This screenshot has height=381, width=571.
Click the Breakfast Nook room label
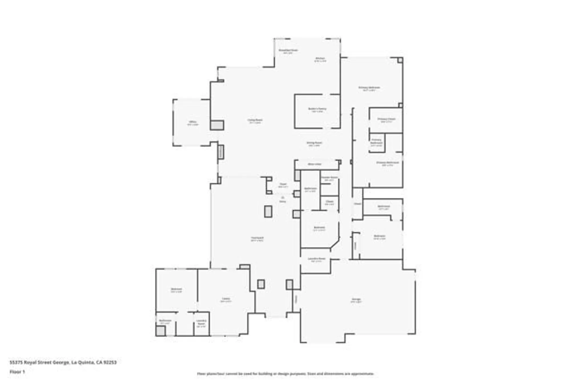pyautogui.click(x=288, y=50)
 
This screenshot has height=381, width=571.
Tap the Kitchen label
pyautogui.click(x=320, y=58)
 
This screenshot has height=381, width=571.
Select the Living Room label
pyautogui.click(x=255, y=120)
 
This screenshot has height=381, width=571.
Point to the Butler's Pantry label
pyautogui.click(x=317, y=109)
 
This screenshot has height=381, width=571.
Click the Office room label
pyautogui.click(x=193, y=122)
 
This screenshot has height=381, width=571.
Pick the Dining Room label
pyautogui.click(x=314, y=143)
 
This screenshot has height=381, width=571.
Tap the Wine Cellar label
pyautogui.click(x=315, y=164)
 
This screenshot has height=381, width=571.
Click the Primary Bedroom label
pyautogui.click(x=369, y=87)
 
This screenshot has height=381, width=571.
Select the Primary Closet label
pyautogui.click(x=386, y=119)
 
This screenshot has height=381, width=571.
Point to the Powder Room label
pyautogui.click(x=329, y=177)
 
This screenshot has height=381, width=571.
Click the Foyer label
pyautogui.click(x=283, y=184)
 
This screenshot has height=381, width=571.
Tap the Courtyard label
pyautogui.click(x=257, y=238)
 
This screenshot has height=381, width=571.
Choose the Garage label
pyautogui.click(x=356, y=299)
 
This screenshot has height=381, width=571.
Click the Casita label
pyautogui.click(x=226, y=299)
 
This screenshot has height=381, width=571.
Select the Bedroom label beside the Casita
pyautogui.click(x=176, y=289)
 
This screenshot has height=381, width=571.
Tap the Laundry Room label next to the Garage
pyautogui.click(x=316, y=259)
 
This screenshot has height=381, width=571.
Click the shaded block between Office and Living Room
pyautogui.click(x=217, y=125)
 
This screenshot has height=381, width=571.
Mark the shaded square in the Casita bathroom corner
pyautogui.click(x=160, y=331)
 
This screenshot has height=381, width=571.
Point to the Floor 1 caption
pyautogui.click(x=17, y=372)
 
